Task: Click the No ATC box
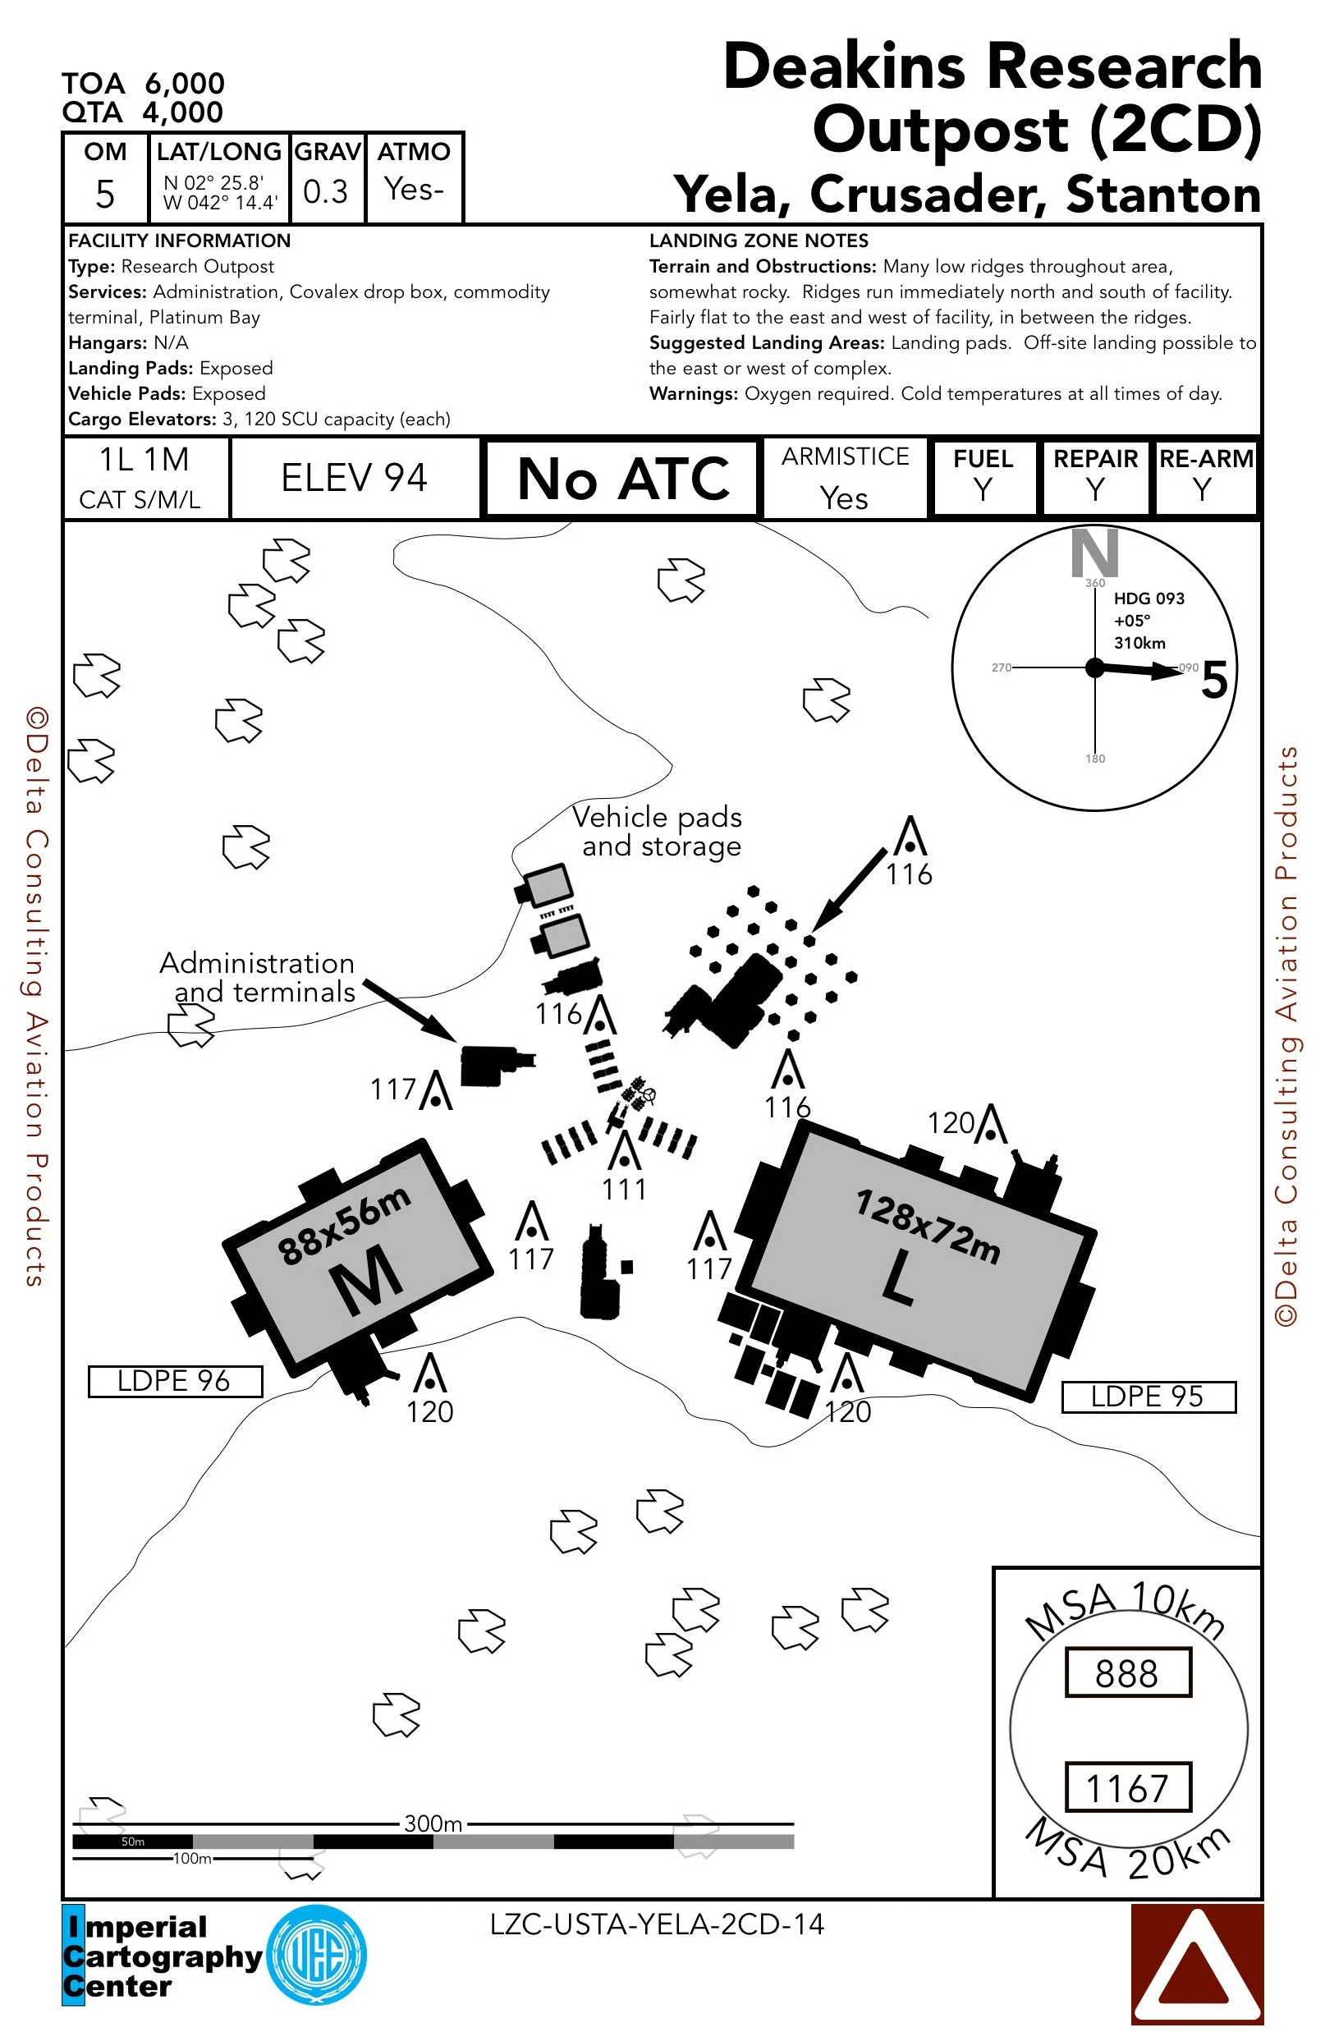[621, 478]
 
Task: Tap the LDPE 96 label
[174, 1381]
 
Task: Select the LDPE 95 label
[1148, 1396]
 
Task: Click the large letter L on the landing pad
[898, 1278]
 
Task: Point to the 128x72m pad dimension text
[927, 1226]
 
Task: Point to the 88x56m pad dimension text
[344, 1225]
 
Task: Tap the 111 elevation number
[624, 1190]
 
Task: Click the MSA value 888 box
[1127, 1672]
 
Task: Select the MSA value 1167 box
[1127, 1787]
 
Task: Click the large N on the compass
[1094, 553]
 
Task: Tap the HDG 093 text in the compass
[1148, 599]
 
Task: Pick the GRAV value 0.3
[325, 191]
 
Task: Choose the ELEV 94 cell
[355, 478]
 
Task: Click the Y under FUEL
[983, 490]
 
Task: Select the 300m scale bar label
[433, 1823]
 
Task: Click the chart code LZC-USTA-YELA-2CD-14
[657, 1924]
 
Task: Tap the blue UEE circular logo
[317, 1955]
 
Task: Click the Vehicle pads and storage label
[658, 831]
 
